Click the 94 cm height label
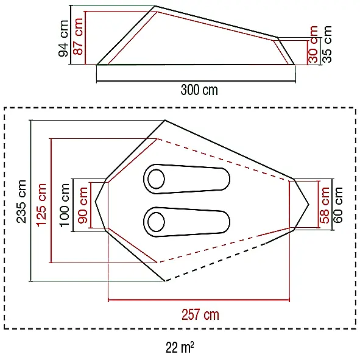(63, 38)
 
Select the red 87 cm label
(77, 37)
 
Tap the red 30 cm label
(313, 44)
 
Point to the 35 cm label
(327, 44)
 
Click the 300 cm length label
(199, 90)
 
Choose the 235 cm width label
(21, 202)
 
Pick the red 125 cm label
(41, 205)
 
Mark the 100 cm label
(65, 205)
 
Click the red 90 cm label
(83, 205)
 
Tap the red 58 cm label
(325, 205)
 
